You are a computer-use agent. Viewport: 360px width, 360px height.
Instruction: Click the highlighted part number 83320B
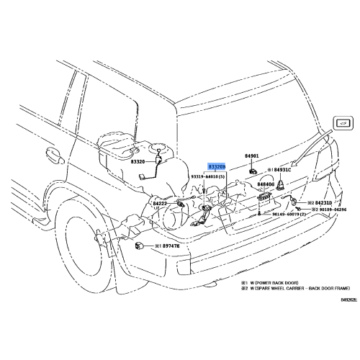217,166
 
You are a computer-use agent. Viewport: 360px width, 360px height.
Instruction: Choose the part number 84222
160,204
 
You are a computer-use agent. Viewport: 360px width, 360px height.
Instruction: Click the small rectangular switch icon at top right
344,123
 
